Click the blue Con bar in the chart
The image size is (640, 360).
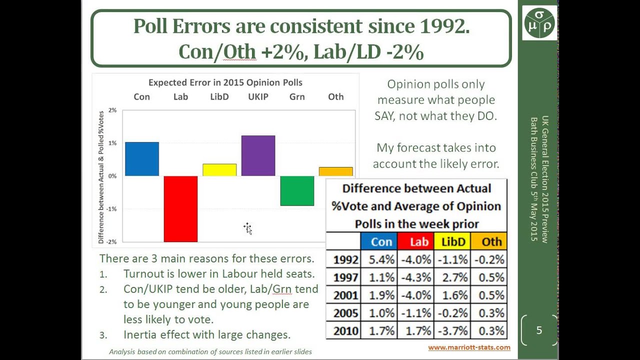(x=142, y=159)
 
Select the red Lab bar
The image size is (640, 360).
(x=180, y=208)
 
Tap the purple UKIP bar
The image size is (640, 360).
(x=258, y=155)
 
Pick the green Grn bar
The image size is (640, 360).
(x=297, y=190)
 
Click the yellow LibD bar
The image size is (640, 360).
(x=219, y=170)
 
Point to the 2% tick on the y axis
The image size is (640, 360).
(x=112, y=110)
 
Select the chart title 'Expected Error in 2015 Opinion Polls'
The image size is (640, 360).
(x=225, y=82)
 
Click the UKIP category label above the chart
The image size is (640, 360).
(x=258, y=96)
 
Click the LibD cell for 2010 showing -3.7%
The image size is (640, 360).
(x=454, y=330)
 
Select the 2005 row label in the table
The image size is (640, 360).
(x=345, y=313)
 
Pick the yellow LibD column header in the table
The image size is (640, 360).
(x=454, y=242)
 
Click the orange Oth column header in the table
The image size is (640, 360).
(x=491, y=242)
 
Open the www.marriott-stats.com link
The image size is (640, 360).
(x=469, y=347)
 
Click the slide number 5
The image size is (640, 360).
(x=539, y=330)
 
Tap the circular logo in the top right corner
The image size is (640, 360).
(x=539, y=22)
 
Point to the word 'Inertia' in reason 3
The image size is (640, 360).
(x=142, y=334)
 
